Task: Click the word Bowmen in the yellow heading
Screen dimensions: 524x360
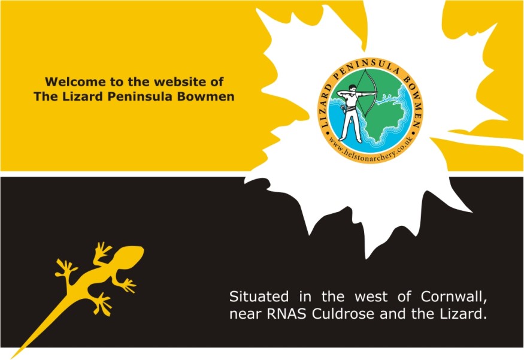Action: [x=205, y=96]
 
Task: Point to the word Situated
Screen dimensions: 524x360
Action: [x=259, y=297]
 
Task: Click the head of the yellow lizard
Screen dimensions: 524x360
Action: [x=130, y=256]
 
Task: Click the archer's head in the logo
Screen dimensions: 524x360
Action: [x=353, y=88]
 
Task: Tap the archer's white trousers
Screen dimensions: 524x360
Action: [x=350, y=123]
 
